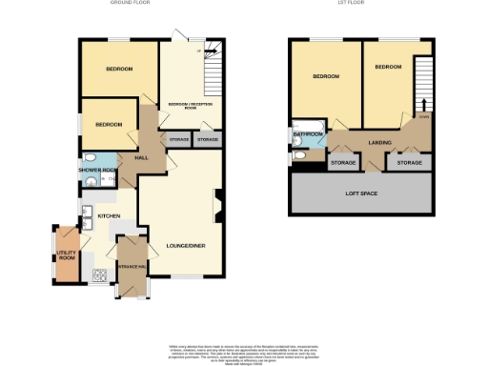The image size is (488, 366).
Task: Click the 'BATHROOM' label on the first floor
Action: click(x=308, y=135)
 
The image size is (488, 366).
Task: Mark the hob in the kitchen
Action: click(x=98, y=276)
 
